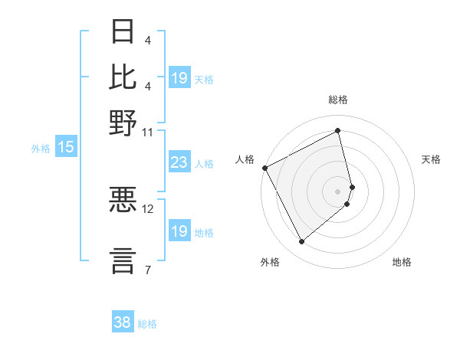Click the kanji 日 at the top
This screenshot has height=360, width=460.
click(123, 32)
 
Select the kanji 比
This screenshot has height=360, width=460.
click(123, 77)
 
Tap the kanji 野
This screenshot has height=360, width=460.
click(123, 122)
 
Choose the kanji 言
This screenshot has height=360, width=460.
click(123, 259)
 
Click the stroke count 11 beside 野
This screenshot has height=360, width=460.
click(147, 132)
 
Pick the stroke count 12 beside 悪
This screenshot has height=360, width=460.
click(148, 208)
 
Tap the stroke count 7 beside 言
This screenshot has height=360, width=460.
click(147, 269)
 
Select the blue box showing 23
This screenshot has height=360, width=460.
click(179, 162)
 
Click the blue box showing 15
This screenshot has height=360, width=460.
click(66, 148)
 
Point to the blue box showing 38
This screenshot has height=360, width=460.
click(122, 322)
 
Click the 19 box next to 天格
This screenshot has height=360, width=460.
click(179, 78)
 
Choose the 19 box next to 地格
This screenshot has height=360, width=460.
click(179, 231)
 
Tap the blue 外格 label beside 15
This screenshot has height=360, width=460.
click(40, 149)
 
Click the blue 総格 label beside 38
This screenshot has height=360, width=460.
click(147, 324)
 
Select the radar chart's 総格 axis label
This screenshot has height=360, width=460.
click(337, 100)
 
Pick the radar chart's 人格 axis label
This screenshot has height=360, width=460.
click(245, 159)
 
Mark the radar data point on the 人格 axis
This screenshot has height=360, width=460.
click(264, 168)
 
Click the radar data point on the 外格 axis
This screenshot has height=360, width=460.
click(301, 242)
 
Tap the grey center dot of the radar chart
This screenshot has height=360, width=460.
click(337, 191)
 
